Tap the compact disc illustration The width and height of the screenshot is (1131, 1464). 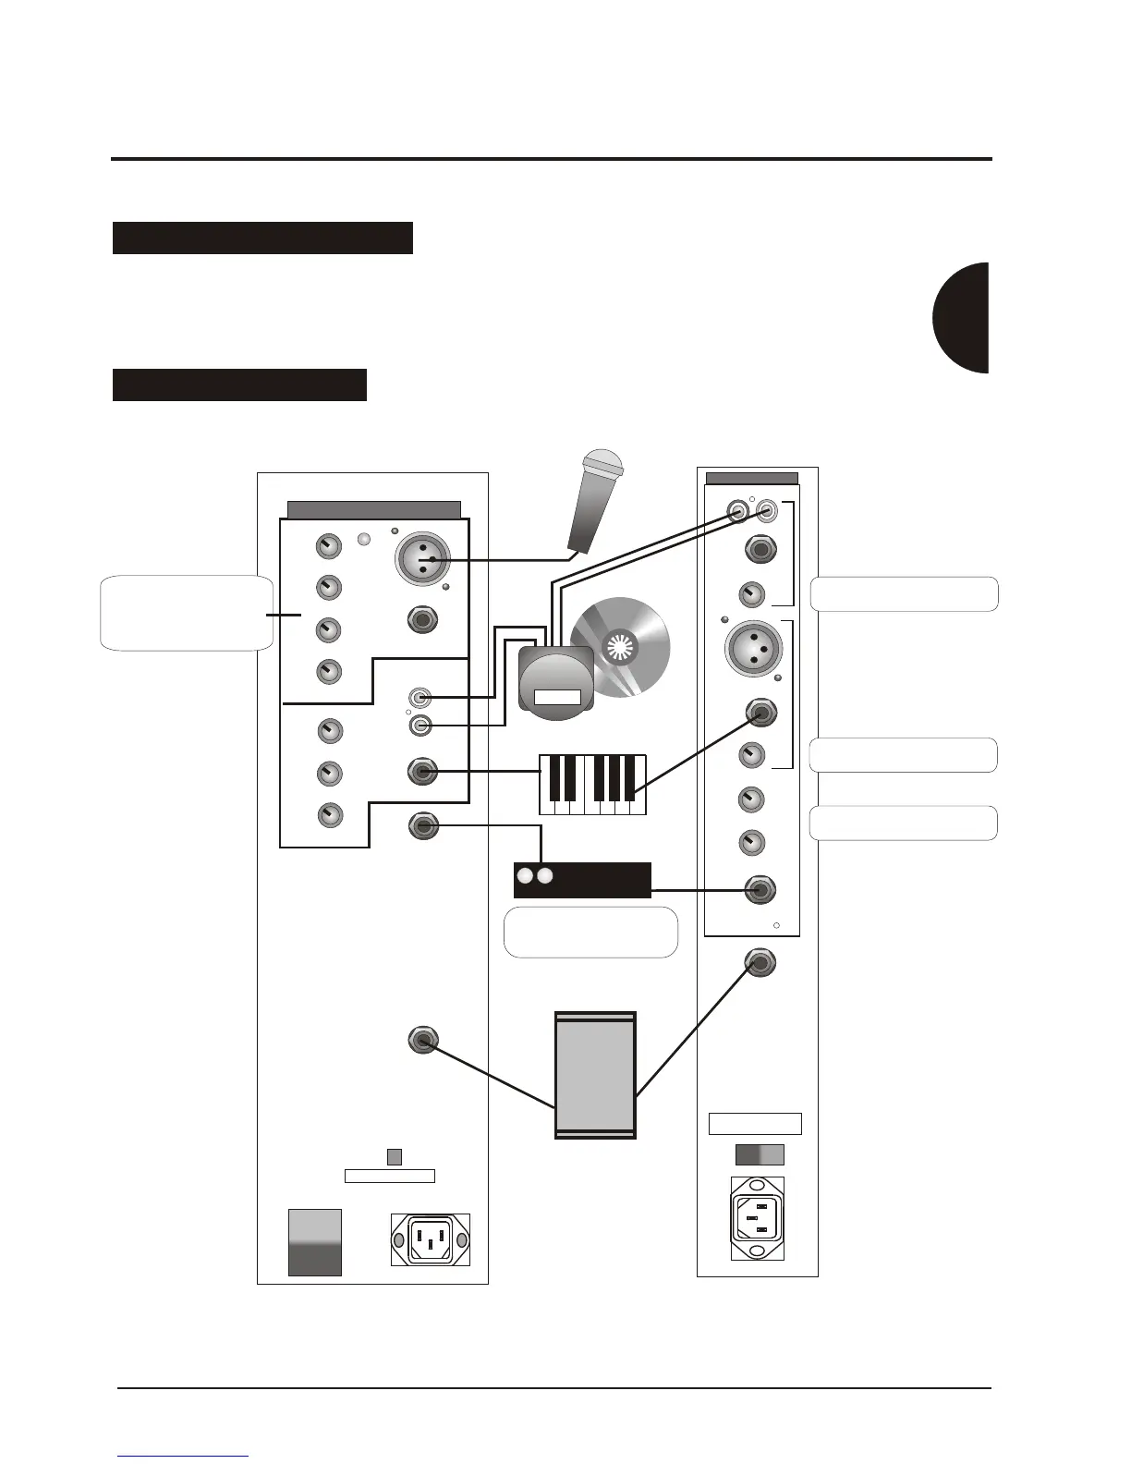point(627,646)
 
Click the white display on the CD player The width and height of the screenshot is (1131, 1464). point(557,698)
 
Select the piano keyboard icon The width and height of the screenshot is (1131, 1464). point(593,785)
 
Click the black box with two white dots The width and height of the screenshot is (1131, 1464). point(582,880)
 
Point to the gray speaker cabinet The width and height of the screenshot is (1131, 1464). point(595,1075)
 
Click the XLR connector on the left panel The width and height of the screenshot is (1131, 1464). point(422,559)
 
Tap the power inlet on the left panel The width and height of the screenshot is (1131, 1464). point(431,1239)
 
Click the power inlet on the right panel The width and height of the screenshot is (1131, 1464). point(758,1218)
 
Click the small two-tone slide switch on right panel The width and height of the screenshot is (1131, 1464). point(760,1154)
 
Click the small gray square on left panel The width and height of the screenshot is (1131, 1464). point(394,1156)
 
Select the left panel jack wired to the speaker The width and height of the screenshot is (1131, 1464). point(422,1041)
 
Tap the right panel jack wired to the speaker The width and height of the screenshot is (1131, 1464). point(760,963)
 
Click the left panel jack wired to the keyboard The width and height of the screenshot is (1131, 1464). point(422,771)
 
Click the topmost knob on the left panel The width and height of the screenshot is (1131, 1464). point(328,546)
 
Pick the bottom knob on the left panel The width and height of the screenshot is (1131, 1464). point(330,815)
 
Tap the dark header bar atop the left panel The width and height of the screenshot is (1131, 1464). point(373,510)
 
